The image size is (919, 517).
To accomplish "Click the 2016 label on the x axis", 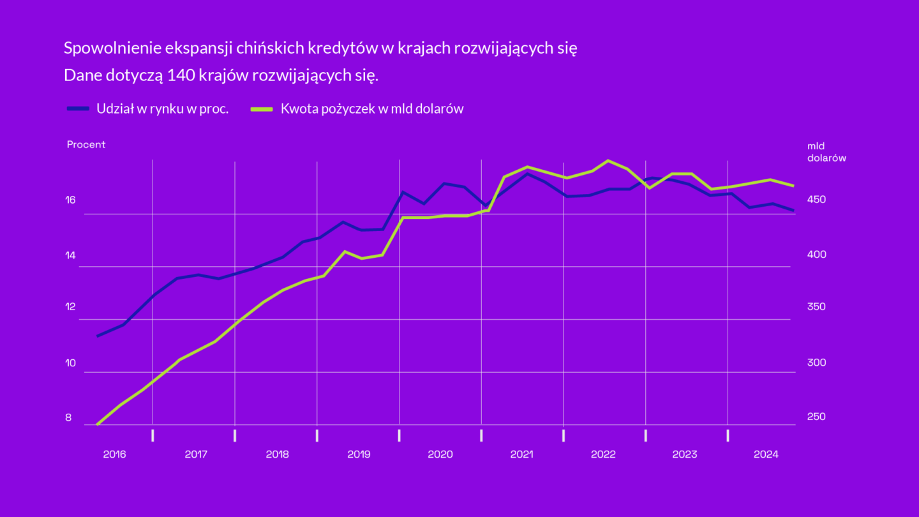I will coord(114,454).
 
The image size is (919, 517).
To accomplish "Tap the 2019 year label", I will coord(359,454).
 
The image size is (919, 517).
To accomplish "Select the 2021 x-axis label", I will coord(521,454).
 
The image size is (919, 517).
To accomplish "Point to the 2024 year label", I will coord(766,454).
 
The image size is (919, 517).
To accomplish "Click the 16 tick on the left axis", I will coord(70,200).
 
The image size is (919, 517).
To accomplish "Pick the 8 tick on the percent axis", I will coord(68,418).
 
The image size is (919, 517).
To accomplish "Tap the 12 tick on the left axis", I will coord(70,306).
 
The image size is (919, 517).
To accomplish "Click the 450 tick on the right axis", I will coord(817,200).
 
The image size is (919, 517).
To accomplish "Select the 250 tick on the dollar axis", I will coord(817,417).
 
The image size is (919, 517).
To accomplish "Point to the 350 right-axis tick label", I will coord(817,306).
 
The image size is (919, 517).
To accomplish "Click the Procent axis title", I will coord(86,144).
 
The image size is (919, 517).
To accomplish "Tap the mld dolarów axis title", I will coord(826,152).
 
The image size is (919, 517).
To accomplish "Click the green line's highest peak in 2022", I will coord(608,161).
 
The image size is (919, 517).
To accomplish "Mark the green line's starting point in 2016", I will coord(97,424).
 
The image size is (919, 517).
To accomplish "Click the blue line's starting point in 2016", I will coord(97,336).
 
